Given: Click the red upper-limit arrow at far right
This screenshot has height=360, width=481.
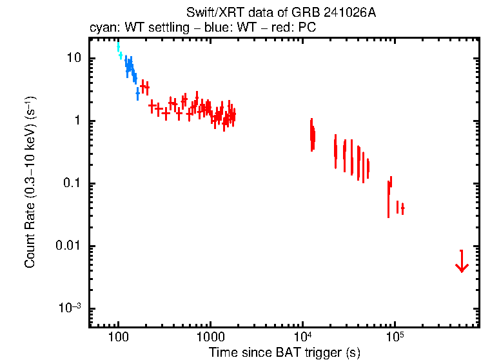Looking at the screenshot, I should pyautogui.click(x=461, y=261).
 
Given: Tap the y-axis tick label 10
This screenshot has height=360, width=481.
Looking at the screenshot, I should pyautogui.click(x=73, y=58).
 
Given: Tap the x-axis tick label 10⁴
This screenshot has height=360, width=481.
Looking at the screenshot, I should pyautogui.click(x=302, y=336).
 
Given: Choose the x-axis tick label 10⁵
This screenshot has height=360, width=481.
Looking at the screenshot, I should pyautogui.click(x=394, y=336).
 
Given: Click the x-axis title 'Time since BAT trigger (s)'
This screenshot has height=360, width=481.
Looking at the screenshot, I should pyautogui.click(x=284, y=352).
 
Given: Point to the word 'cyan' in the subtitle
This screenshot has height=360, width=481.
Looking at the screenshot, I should pyautogui.click(x=102, y=29).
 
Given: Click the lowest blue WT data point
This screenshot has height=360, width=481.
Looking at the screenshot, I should pyautogui.click(x=137, y=94).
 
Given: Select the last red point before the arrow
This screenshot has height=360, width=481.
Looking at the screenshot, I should pyautogui.click(x=402, y=208).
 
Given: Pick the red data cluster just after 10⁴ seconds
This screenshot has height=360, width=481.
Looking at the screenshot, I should pyautogui.click(x=312, y=135).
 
